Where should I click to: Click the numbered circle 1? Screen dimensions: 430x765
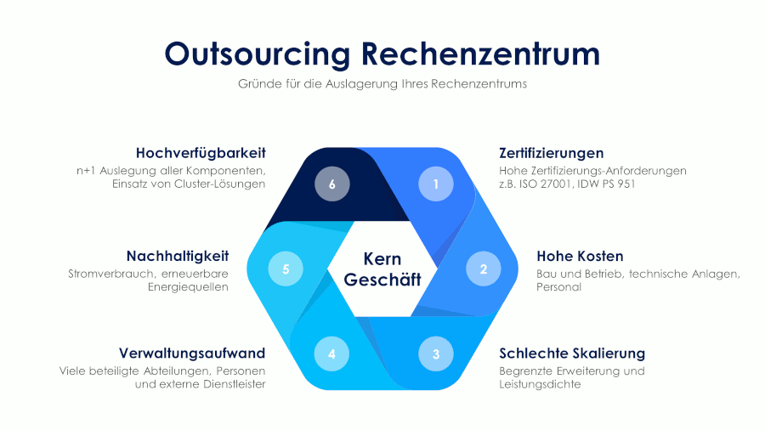pyautogui.click(x=436, y=184)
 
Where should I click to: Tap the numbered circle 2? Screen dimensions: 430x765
pyautogui.click(x=484, y=269)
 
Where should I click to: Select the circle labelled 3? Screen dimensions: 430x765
pyautogui.click(x=436, y=354)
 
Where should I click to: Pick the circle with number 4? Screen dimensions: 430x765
pyautogui.click(x=331, y=354)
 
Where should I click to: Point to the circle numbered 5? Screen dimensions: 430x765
pyautogui.click(x=286, y=269)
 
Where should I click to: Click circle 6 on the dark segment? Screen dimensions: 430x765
pyautogui.click(x=331, y=184)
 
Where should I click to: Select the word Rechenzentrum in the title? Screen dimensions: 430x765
pyautogui.click(x=480, y=53)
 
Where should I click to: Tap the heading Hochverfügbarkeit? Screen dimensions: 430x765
pyautogui.click(x=201, y=153)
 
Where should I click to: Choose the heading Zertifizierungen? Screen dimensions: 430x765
pyautogui.click(x=552, y=153)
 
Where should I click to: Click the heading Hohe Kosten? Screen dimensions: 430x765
pyautogui.click(x=580, y=256)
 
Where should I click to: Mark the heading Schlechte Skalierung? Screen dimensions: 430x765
pyautogui.click(x=572, y=353)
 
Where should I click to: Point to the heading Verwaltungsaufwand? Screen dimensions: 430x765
pyautogui.click(x=192, y=353)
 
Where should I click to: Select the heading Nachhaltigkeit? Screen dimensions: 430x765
pyautogui.click(x=178, y=256)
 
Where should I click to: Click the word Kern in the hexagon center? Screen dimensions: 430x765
pyautogui.click(x=382, y=259)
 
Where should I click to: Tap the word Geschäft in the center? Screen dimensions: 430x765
pyautogui.click(x=382, y=280)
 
